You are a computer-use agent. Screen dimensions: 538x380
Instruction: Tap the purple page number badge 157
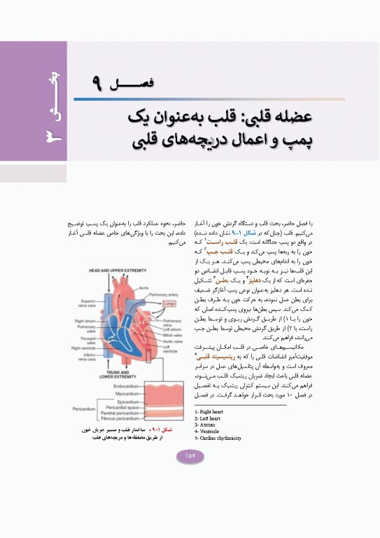tap(190, 455)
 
